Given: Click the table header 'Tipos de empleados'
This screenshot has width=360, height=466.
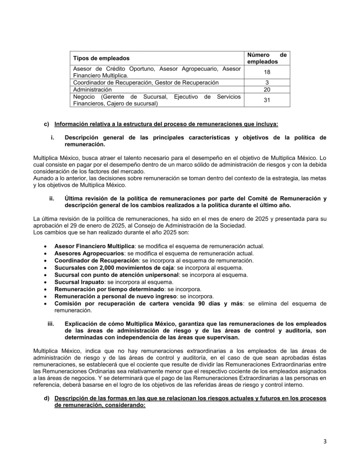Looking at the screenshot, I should [x=101, y=58].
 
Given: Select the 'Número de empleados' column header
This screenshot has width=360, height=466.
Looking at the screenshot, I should [x=267, y=58].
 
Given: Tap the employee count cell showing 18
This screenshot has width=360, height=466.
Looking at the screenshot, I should [x=267, y=72].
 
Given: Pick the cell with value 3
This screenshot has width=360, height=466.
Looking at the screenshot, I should [x=267, y=82].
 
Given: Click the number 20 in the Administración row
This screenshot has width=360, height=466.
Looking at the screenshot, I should [x=267, y=90].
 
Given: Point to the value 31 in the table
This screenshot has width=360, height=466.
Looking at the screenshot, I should [x=267, y=100].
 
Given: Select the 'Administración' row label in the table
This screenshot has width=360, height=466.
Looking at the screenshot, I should [x=92, y=90].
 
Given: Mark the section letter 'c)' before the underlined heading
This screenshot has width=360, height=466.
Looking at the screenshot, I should [x=46, y=124].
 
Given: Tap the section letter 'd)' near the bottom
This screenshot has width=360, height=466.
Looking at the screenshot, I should [x=46, y=399].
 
